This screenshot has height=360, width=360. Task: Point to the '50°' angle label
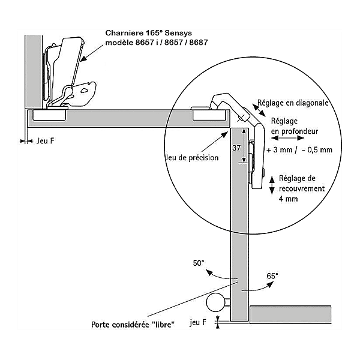pos(199,263)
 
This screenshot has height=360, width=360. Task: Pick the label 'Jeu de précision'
pos(191,158)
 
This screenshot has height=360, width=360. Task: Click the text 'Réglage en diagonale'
pos(293,103)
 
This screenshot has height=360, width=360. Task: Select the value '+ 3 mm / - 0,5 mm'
pos(298,149)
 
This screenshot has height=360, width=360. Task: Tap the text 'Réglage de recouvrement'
pos(302,183)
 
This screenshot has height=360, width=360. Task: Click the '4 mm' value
pos(288,198)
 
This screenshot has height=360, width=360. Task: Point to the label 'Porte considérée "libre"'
pos(133,325)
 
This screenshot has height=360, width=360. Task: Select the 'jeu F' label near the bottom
pos(197,322)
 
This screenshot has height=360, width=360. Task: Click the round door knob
pos(214,302)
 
